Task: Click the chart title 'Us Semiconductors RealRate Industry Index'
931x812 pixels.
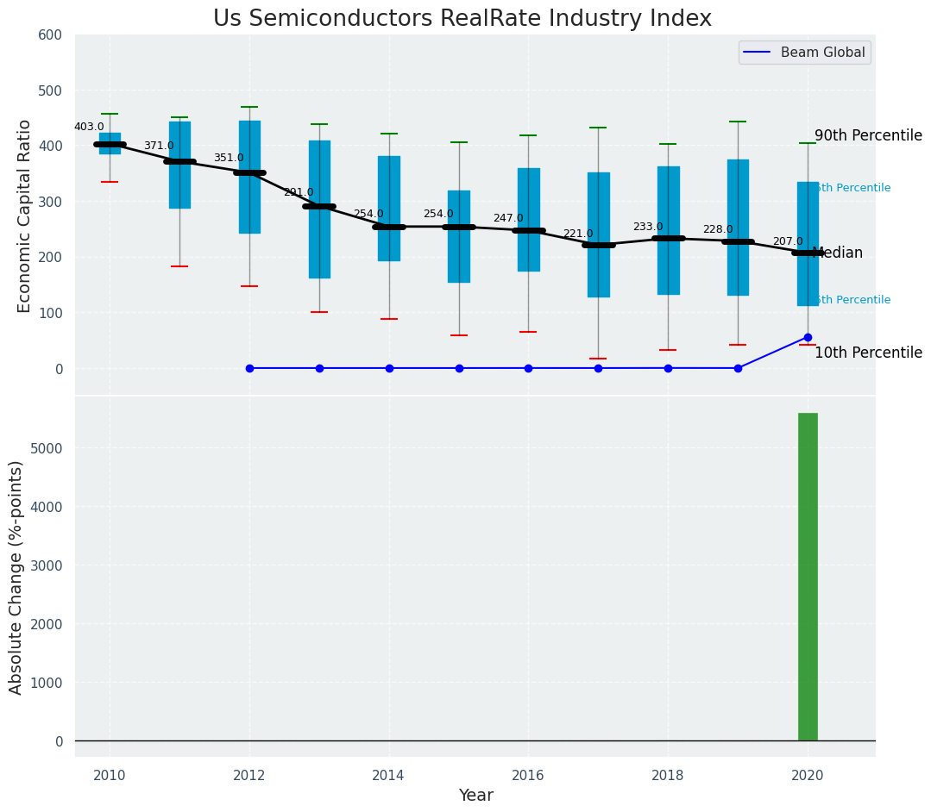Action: click(x=462, y=19)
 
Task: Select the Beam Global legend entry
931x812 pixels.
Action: click(x=822, y=53)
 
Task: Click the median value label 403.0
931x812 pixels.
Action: click(x=89, y=127)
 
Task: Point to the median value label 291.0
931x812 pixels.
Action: click(x=299, y=192)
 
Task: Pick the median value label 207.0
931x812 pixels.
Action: click(x=788, y=241)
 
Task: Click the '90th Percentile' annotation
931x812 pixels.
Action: click(x=868, y=135)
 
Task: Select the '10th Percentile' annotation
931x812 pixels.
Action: click(x=868, y=353)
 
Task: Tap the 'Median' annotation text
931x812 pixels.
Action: click(x=837, y=253)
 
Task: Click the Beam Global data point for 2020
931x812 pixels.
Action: click(x=808, y=337)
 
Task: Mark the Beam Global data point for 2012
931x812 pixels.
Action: click(x=249, y=368)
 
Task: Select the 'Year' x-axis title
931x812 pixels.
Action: click(x=475, y=796)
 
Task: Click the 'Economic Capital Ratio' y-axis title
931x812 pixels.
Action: click(x=25, y=215)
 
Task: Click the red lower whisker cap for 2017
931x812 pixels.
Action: click(x=598, y=359)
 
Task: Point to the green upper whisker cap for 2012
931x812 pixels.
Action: click(x=249, y=107)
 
